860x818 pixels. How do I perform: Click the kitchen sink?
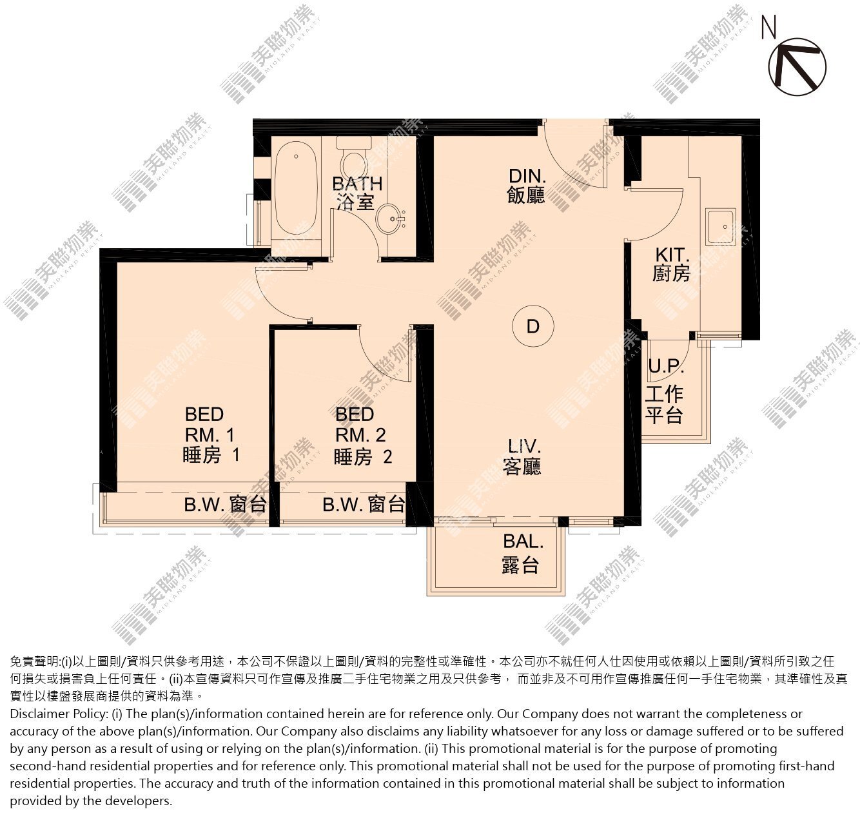coord(720,227)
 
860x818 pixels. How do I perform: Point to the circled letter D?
coord(533,326)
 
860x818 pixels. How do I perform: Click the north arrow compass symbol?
coord(797,66)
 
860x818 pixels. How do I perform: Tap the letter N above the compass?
coord(769,26)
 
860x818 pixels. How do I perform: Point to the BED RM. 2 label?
coord(362,435)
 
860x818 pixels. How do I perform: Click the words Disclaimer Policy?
coord(59,714)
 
